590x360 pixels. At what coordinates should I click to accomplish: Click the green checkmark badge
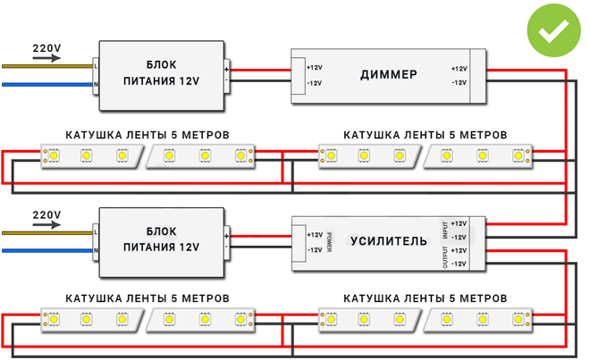[x=552, y=30]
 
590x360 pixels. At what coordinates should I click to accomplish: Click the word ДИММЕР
[x=388, y=75]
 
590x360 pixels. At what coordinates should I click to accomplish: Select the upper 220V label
[x=46, y=46]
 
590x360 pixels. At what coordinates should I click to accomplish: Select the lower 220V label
[x=46, y=215]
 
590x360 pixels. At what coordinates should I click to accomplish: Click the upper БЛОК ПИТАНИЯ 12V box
[x=161, y=72]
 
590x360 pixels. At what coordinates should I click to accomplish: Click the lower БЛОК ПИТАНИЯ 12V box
[x=161, y=240]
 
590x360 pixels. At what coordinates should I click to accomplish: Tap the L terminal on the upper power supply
[x=96, y=65]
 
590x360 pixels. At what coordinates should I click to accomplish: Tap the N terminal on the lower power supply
[x=96, y=251]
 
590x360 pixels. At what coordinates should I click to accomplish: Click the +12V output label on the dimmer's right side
[x=459, y=69]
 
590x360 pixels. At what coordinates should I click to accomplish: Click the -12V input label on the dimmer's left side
[x=314, y=83]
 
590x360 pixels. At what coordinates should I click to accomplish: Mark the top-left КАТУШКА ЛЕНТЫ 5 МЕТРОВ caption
[x=147, y=134]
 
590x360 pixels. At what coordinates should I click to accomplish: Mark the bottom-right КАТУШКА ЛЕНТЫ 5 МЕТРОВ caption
[x=426, y=297]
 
